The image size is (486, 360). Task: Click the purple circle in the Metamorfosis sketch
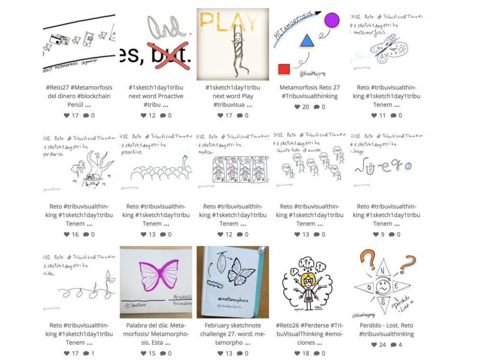point(331,20)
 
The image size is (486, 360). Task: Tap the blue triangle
point(307,41)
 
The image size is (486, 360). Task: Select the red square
point(284,69)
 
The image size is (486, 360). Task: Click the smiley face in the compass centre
point(383,287)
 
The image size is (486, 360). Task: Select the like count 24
point(383,345)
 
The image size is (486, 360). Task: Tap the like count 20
point(306,107)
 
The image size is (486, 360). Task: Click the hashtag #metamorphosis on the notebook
point(233,300)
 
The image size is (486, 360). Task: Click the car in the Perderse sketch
point(92,180)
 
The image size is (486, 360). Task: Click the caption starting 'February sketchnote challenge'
point(233,334)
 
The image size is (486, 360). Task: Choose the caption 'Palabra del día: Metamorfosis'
point(156,334)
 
